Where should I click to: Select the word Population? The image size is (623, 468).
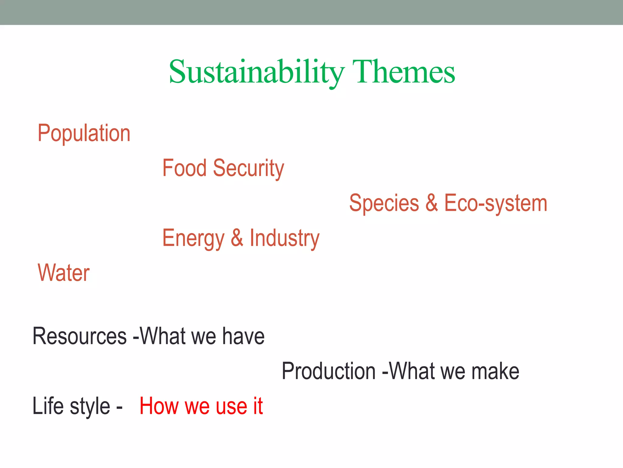coord(84,133)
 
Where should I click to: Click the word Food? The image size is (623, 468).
coord(184,168)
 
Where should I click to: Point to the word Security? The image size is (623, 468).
coord(249,168)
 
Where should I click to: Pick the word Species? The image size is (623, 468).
coord(384,203)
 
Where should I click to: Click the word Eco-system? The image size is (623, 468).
coord(496,203)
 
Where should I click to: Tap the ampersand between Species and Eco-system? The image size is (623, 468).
coord(432,203)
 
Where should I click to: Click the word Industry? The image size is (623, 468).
coord(284,238)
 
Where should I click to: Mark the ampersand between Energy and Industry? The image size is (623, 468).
coord(237,238)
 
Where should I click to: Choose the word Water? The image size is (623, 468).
coord(64,273)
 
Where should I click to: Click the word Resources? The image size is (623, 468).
coord(79,336)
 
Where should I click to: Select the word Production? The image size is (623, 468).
coord(329,371)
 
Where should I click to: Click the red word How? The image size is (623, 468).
coord(159,406)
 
